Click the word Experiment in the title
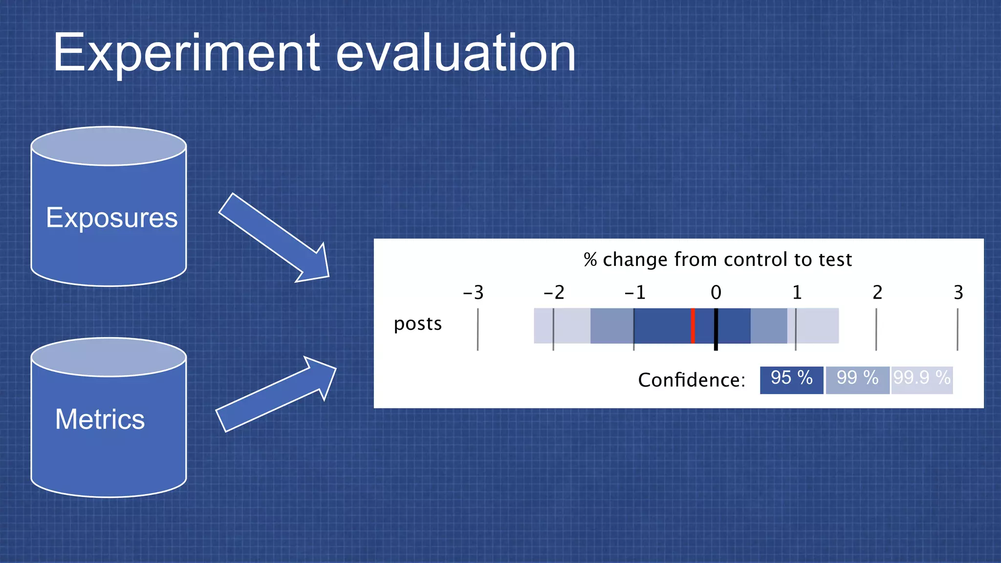pos(186,53)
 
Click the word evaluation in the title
pos(456,53)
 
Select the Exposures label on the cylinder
pos(111,217)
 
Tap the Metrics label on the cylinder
pos(100,419)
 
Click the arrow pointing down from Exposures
pos(274,238)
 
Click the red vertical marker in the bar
pos(693,325)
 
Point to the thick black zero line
pos(716,329)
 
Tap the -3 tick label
pos(473,293)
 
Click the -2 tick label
pos(554,293)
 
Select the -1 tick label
pos(634,293)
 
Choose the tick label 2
pos(877,293)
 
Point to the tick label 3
pos(958,293)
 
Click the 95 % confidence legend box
pos(791,380)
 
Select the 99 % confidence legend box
pos(857,380)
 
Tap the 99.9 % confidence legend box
pos(922,380)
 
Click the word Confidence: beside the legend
pos(692,380)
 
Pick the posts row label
pos(418,324)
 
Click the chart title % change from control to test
pos(718,260)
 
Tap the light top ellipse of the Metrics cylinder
pos(109,357)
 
